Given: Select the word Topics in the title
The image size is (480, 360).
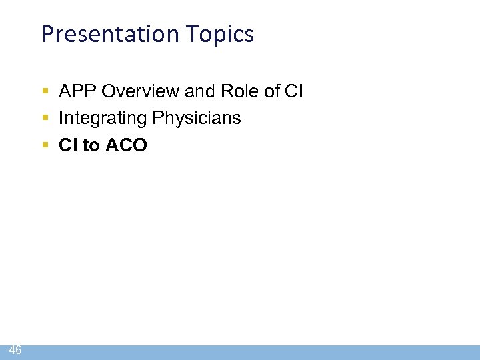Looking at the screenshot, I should [223, 34].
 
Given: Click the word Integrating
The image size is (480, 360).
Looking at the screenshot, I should [102, 119].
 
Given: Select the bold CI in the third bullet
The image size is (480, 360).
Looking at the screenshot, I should [68, 145].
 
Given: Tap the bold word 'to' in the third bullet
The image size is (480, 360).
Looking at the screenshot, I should [90, 145].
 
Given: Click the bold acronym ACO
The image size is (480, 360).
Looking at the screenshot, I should [125, 145].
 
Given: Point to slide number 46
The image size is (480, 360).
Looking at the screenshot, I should [15, 350].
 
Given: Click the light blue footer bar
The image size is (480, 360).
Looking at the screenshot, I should [253, 352].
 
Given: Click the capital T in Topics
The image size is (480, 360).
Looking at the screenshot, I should [198, 34].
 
